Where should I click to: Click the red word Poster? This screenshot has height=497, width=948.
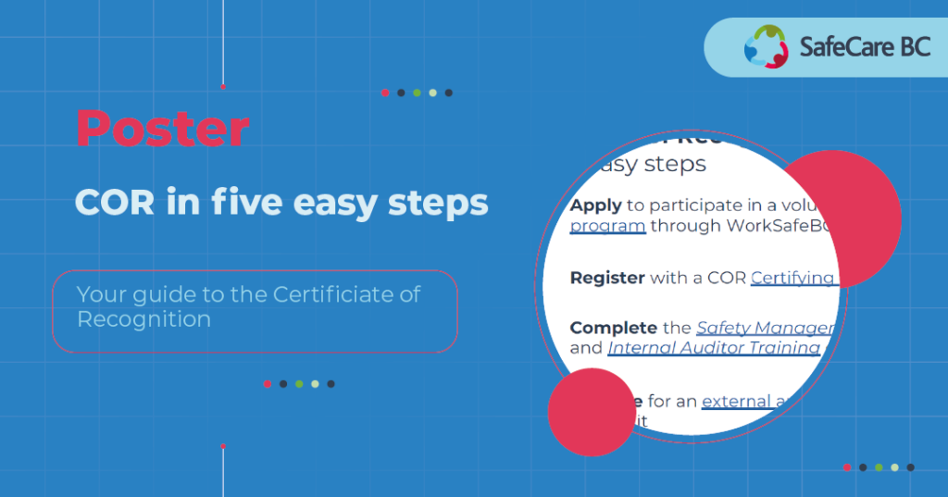point(163,129)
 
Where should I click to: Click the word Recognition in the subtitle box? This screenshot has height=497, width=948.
point(143,320)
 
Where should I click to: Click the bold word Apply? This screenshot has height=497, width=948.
point(595,205)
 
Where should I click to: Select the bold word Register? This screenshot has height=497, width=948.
point(607,278)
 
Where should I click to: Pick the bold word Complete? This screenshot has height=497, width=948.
point(612,328)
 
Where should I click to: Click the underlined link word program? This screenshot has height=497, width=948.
point(607,226)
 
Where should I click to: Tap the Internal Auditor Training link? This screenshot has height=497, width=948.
point(714,348)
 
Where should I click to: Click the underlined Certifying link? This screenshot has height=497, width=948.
point(792,278)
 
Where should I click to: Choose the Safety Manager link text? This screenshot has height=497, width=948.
point(765,328)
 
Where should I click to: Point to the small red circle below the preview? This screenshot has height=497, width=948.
point(590,413)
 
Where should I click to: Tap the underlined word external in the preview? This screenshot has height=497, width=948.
point(737,402)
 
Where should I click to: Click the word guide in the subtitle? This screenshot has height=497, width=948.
point(147,295)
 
